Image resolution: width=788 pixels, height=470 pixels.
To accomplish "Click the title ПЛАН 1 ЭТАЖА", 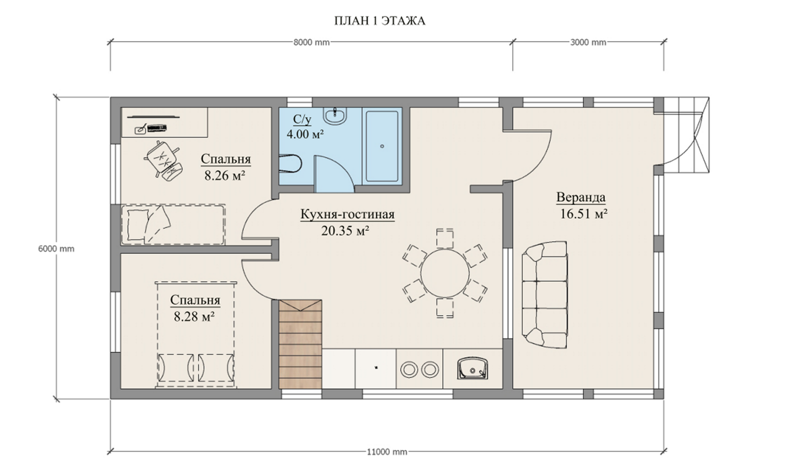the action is [x=379, y=21].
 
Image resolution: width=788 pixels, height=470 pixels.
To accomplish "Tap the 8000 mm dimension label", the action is [x=311, y=43].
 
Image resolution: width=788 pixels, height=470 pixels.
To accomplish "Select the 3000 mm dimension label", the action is [x=588, y=43].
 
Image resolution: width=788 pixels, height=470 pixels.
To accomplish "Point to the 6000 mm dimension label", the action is [x=56, y=249].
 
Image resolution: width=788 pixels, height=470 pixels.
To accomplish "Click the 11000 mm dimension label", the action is [x=387, y=452].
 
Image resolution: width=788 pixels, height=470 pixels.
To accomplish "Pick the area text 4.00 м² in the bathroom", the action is [x=305, y=134].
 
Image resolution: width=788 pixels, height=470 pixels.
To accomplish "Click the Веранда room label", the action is [x=581, y=197].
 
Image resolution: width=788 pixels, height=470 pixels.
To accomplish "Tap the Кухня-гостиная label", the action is [x=347, y=214].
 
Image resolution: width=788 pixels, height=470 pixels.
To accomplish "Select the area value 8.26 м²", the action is [x=225, y=175].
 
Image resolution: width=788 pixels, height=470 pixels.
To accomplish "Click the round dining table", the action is [x=445, y=273].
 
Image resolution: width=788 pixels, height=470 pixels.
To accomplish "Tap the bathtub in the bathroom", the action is [x=382, y=146].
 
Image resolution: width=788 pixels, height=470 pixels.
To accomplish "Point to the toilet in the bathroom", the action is [x=290, y=164].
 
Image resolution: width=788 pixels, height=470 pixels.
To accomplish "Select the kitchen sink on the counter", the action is [x=472, y=368].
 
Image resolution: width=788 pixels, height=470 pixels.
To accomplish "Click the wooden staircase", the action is [x=300, y=344].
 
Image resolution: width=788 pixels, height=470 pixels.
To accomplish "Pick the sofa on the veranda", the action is [x=545, y=295].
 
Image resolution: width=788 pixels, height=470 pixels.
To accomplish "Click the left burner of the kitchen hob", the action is [x=409, y=370].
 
